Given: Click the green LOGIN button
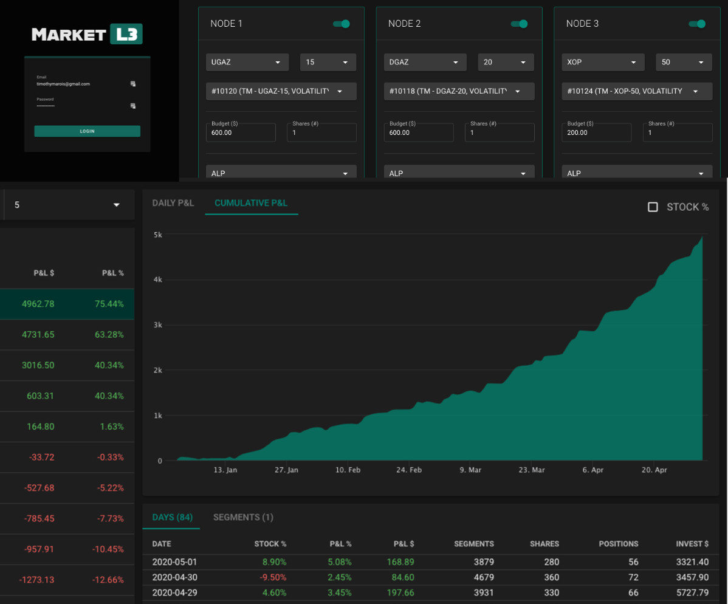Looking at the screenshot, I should point(87,131).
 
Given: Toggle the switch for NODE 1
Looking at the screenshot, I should point(342,24).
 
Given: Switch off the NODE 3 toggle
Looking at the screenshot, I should point(697,24).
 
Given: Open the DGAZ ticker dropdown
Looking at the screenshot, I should point(425,62).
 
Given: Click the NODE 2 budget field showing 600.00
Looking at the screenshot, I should point(419,132).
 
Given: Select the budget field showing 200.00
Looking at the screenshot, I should point(596,132).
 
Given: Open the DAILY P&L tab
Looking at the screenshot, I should point(173,203).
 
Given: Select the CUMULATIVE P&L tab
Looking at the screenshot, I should point(251,203).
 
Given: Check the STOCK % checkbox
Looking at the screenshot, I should point(653,207).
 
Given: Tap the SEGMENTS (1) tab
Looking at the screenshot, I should point(243,517).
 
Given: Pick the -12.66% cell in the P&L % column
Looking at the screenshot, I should point(108,579).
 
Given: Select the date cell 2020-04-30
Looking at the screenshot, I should point(174,577).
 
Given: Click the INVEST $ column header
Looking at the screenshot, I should point(692,544).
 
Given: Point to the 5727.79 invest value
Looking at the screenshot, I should point(692,592).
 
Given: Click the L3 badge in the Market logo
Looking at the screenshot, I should point(126,34).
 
